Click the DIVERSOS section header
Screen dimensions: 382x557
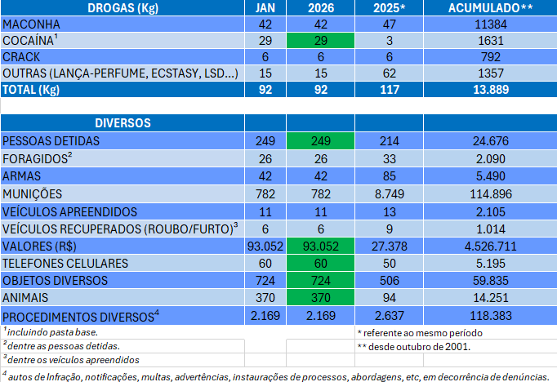click(x=123, y=123)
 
